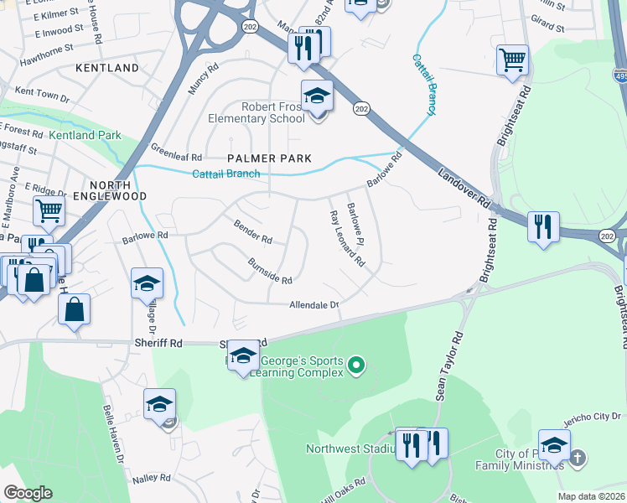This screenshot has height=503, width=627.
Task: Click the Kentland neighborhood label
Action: pyautogui.click(x=107, y=67)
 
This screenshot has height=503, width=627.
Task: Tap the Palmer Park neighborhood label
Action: pyautogui.click(x=270, y=158)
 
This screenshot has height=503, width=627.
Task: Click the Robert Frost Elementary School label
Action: pyautogui.click(x=273, y=112)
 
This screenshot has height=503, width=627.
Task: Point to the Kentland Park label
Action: pyautogui.click(x=85, y=135)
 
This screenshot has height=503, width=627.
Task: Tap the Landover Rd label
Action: pyautogui.click(x=464, y=187)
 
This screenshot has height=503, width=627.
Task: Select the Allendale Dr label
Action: pyautogui.click(x=313, y=305)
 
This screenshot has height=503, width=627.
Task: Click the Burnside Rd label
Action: pyautogui.click(x=270, y=270)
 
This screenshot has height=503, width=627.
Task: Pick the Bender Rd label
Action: pyautogui.click(x=253, y=234)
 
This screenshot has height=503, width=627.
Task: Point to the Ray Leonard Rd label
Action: pyautogui.click(x=347, y=238)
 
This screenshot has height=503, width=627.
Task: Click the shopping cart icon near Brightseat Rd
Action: pyautogui.click(x=512, y=60)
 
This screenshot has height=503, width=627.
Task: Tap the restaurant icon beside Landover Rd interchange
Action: pyautogui.click(x=543, y=226)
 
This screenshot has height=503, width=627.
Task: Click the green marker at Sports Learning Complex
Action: pyautogui.click(x=357, y=365)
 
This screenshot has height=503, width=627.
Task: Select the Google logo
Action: pyautogui.click(x=28, y=493)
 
